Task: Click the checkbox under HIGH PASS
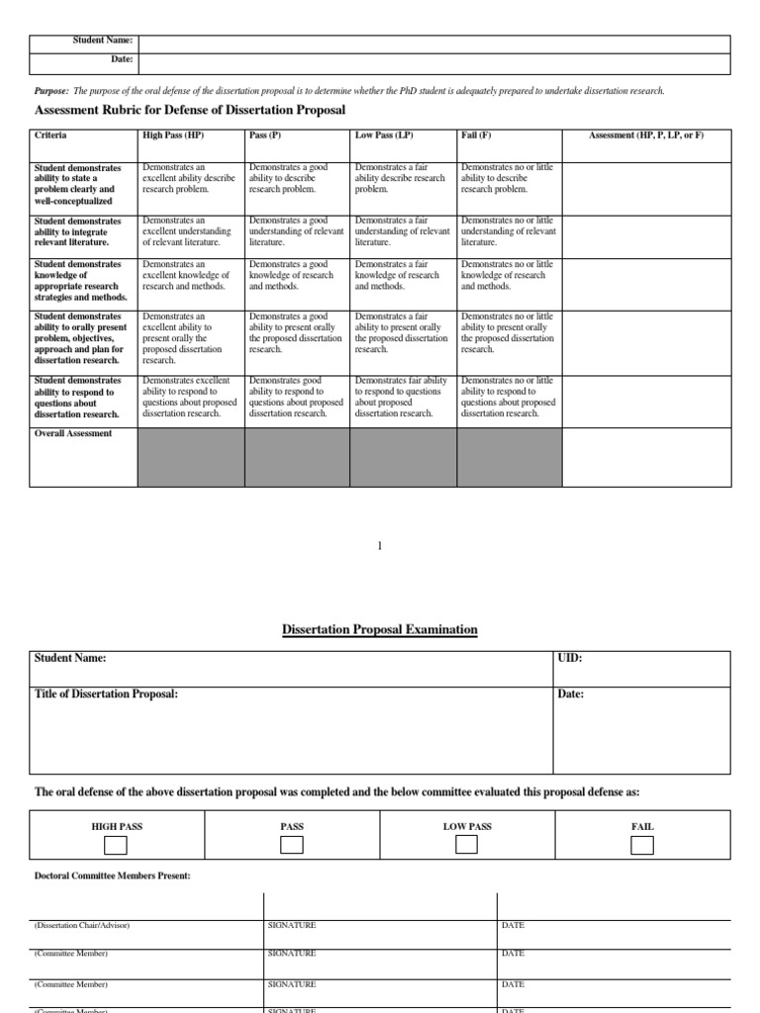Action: click(x=116, y=845)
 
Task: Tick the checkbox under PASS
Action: click(x=291, y=845)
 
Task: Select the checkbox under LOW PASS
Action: click(x=466, y=845)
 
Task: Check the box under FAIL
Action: click(x=641, y=845)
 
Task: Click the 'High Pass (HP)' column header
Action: click(x=173, y=135)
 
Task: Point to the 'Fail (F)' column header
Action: click(x=476, y=135)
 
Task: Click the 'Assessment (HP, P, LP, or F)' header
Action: click(x=646, y=135)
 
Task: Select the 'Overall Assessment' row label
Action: click(x=73, y=433)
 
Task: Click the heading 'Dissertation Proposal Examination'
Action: click(x=380, y=629)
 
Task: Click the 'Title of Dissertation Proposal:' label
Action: click(x=106, y=694)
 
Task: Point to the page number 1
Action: click(x=378, y=545)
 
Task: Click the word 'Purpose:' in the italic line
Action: click(x=51, y=91)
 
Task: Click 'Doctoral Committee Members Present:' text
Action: click(x=112, y=875)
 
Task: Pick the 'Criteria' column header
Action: click(x=50, y=135)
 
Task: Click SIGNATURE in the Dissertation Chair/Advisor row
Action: click(x=292, y=925)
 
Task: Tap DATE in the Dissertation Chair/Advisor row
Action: click(x=513, y=925)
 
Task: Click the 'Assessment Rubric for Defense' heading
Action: click(x=190, y=109)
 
